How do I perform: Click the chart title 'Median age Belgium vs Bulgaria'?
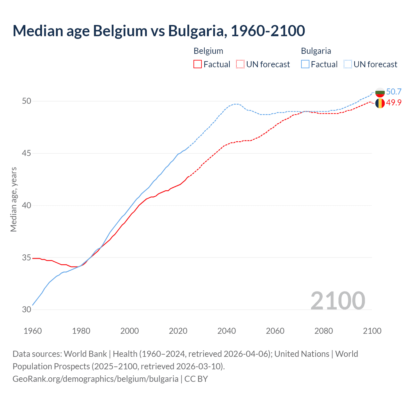159,31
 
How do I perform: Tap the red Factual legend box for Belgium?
198,64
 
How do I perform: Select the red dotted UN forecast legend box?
240,64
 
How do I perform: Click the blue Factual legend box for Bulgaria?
305,64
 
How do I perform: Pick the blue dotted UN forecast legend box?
348,64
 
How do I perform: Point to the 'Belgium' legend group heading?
208,51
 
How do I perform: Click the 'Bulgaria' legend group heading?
316,51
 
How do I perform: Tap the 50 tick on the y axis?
27,101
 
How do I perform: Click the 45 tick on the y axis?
27,153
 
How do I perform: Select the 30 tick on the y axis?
27,310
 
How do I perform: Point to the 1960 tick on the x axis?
33,331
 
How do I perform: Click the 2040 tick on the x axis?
226,331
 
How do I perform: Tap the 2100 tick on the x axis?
372,331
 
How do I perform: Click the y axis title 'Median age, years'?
13,199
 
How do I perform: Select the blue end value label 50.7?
394,92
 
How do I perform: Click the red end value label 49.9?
394,102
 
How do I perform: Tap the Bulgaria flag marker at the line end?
380,93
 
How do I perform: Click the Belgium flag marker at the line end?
380,103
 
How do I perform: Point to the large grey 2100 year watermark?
338,300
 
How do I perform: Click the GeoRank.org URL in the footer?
95,379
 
